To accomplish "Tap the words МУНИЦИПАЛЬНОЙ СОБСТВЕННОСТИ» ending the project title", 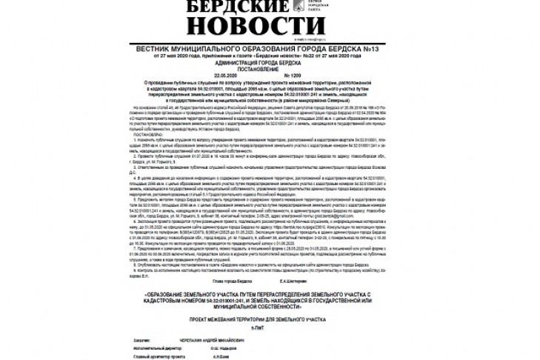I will coord(270,307).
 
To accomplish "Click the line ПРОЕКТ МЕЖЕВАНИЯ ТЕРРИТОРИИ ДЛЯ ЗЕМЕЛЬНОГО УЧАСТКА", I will coord(270,320).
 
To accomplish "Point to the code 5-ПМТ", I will coord(270,327).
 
